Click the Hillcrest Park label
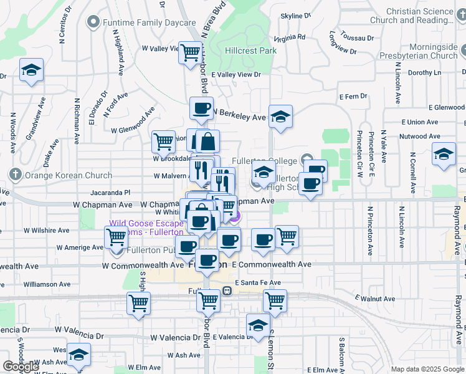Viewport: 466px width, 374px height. click(250, 50)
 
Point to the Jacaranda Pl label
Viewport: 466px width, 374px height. click(110, 193)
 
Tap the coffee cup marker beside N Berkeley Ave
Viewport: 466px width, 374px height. click(201, 108)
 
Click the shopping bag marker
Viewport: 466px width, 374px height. click(206, 141)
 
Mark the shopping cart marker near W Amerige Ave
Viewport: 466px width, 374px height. click(117, 237)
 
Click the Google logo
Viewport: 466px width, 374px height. click(21, 367)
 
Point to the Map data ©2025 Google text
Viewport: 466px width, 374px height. click(427, 369)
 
